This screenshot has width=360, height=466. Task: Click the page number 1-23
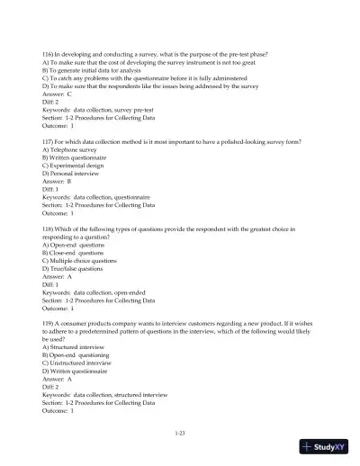click(x=180, y=435)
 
